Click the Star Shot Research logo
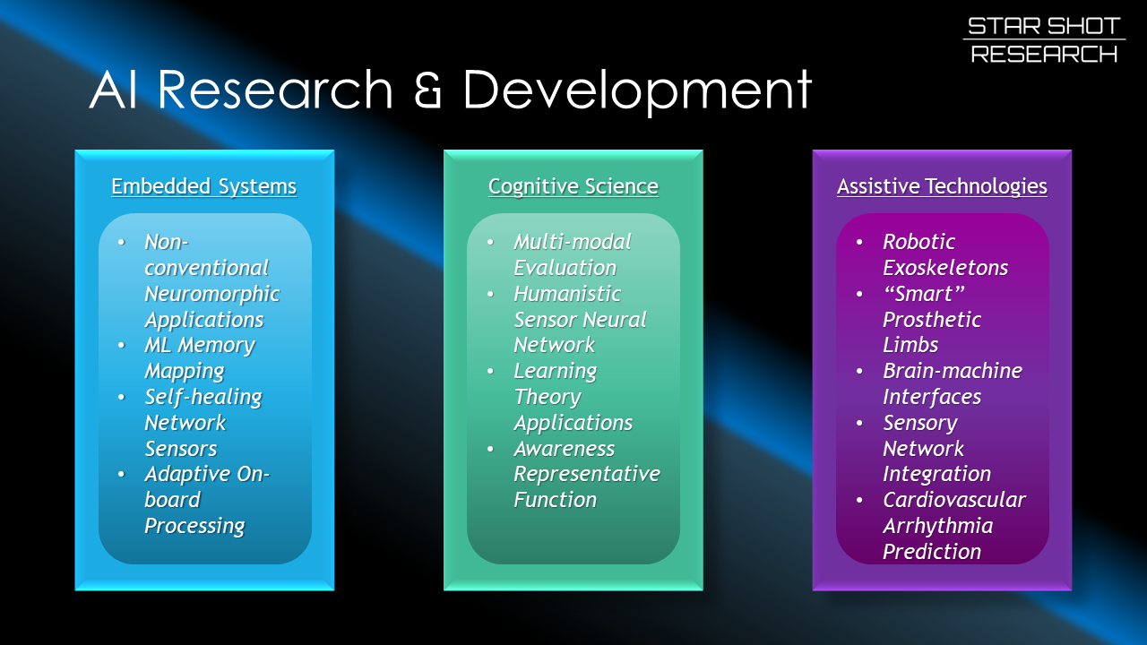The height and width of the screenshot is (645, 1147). pos(1044,40)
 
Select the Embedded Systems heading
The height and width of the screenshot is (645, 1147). pos(203,186)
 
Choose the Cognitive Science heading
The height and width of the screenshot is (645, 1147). pos(573,186)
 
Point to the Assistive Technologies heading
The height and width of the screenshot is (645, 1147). pos(942,186)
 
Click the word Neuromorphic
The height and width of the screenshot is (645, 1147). pos(211,294)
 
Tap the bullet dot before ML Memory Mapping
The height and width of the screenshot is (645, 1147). pos(122,345)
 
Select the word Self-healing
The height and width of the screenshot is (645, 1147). pos(203,397)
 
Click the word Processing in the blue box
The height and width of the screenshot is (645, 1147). pos(194,526)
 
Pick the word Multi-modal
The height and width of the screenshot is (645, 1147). pos(572,242)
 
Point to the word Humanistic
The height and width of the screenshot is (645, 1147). pos(566,294)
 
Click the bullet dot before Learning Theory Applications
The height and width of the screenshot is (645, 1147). pos(491,371)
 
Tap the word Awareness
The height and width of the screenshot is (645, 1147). pos(564,449)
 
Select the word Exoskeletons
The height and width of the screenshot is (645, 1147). pos(944,268)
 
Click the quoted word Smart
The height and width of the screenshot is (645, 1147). pos(923,294)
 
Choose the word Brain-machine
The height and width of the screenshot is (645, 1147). pos(952,371)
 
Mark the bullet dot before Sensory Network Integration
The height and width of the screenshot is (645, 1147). pos(860,423)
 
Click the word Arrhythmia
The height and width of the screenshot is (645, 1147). pos(937,526)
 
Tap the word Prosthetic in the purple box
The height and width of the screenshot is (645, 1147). pos(931,320)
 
